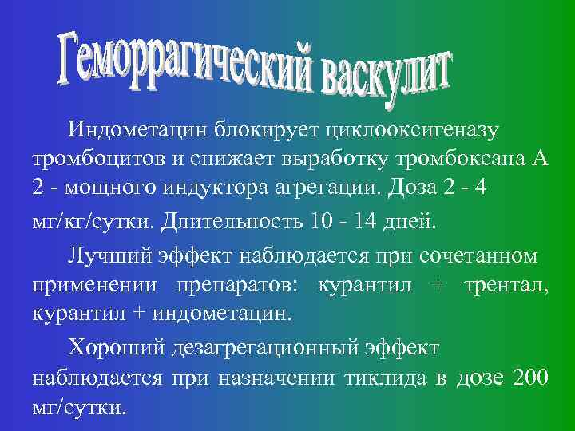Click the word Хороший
click(113, 348)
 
